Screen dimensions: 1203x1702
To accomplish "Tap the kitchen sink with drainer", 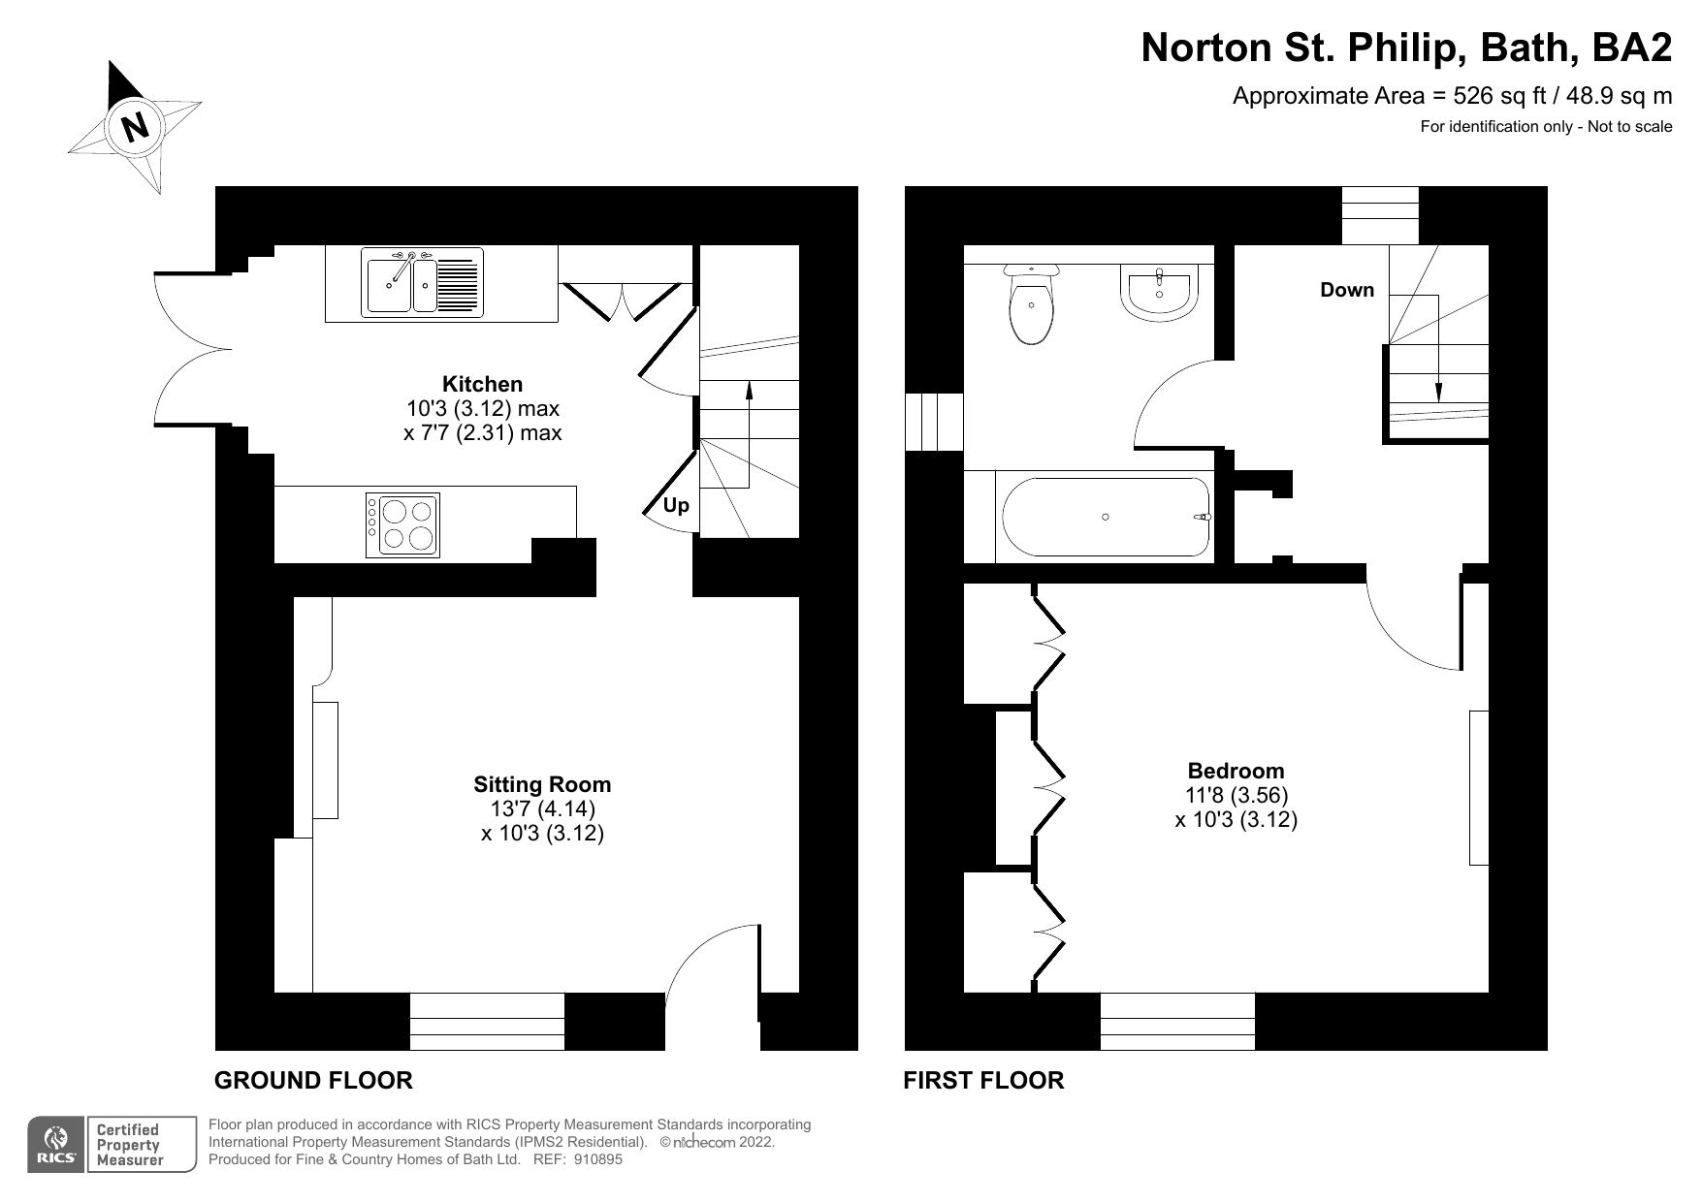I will coord(423,282).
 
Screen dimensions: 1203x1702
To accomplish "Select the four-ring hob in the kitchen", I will coord(402,524).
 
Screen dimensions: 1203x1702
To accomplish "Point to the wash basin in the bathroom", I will coord(1160,294).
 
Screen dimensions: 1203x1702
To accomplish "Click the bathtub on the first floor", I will coord(1106,517).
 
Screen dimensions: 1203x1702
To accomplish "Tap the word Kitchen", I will coord(482,383).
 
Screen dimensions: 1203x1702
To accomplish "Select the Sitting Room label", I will coord(542,784).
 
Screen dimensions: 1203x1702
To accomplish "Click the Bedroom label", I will coord(1236,771).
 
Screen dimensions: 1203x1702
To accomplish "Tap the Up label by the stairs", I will coord(676,505).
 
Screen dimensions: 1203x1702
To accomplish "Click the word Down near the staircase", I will coord(1346,289).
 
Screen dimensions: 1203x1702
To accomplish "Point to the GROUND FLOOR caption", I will coord(313,1080).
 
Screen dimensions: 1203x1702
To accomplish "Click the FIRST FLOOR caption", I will coord(983,1080).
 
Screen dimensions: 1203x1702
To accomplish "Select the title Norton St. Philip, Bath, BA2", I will coord(1405,47).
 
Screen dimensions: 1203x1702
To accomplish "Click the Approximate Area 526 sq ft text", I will coord(1451,96).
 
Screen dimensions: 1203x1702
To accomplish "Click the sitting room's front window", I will coord(487,1021).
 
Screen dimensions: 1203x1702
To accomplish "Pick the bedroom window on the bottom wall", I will coord(1177,1021).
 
